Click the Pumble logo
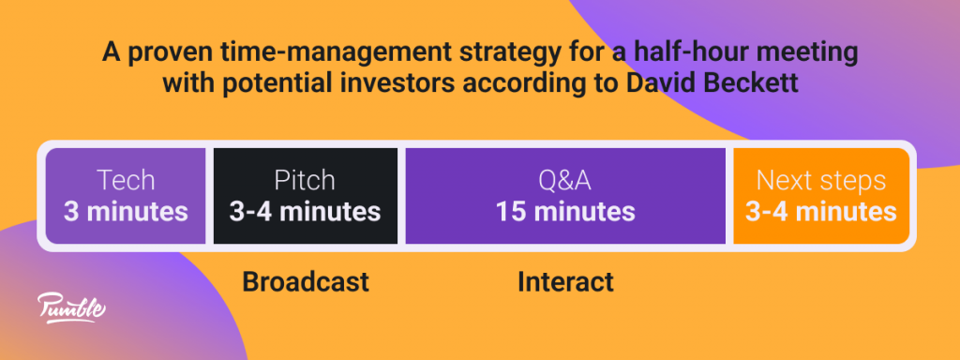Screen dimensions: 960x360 (x=71, y=307)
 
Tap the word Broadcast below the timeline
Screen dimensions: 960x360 (x=306, y=281)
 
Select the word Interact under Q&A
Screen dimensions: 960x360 (x=565, y=281)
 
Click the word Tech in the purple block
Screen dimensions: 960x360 (x=126, y=181)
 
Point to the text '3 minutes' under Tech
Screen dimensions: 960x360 (x=126, y=211)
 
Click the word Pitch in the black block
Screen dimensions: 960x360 (x=305, y=181)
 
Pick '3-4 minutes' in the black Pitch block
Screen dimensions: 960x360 (x=305, y=211)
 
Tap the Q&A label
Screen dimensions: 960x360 (x=565, y=181)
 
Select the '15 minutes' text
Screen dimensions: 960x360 (x=565, y=211)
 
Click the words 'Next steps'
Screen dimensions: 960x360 (x=821, y=181)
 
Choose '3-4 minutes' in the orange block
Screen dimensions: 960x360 (x=821, y=211)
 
